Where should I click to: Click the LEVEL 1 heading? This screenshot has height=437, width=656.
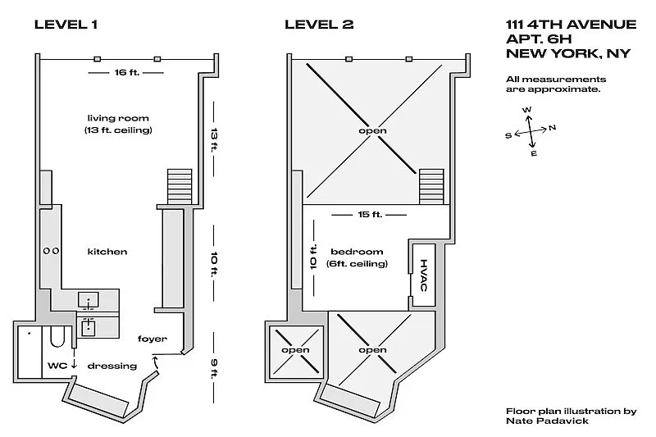[x=66, y=24]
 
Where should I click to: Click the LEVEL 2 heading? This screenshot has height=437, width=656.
[x=319, y=24]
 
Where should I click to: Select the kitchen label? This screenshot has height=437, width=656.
[x=107, y=251]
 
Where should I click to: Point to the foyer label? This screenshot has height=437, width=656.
[x=153, y=339]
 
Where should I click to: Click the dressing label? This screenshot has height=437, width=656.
[x=112, y=366]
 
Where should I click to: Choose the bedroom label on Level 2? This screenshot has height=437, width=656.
[x=358, y=251]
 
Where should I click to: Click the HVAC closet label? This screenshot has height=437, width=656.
[x=424, y=275]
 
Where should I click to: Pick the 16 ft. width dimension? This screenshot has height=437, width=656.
[x=122, y=73]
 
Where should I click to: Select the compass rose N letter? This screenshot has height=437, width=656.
[x=553, y=127]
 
